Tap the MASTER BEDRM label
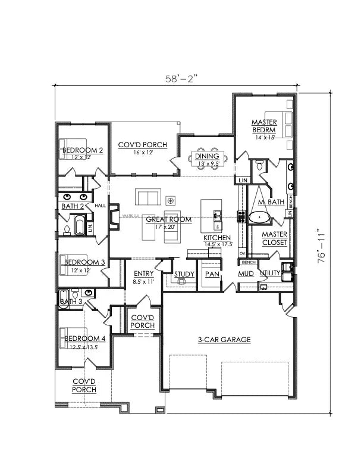pos(263,126)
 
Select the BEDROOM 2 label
pos(83,150)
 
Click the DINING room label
pos(206,156)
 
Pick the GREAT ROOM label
pos(170,219)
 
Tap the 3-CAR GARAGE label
pos(224,340)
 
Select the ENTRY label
pos(143,274)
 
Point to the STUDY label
pos(184,274)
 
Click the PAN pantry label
pos(212,274)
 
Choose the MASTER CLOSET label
pos(274,238)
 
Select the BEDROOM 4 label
pos(85,339)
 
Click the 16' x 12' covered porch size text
pos(143,153)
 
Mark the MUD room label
pos(246,274)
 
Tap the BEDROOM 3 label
pos(84,262)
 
